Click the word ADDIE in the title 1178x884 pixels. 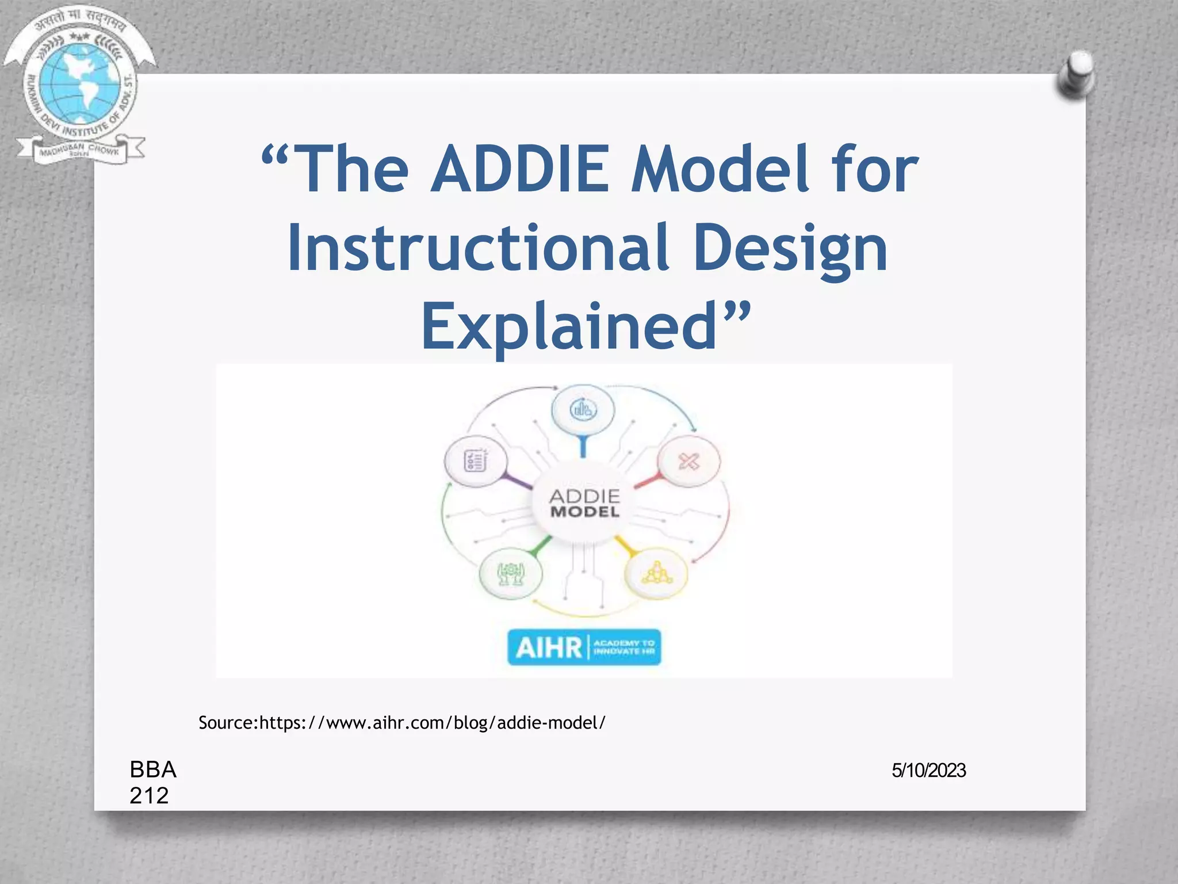[519, 169]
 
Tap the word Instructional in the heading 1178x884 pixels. [478, 249]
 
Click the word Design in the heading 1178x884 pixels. [790, 249]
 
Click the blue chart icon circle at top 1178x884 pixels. [583, 410]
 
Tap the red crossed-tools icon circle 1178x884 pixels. [689, 462]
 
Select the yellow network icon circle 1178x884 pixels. [656, 573]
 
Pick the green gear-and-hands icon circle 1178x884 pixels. [511, 574]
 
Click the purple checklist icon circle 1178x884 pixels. [476, 461]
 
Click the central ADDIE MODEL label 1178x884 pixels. [584, 504]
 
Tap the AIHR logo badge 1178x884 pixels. [584, 647]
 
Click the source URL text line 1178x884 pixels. [401, 723]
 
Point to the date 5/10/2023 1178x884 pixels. [928, 771]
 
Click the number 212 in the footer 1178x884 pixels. [149, 796]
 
